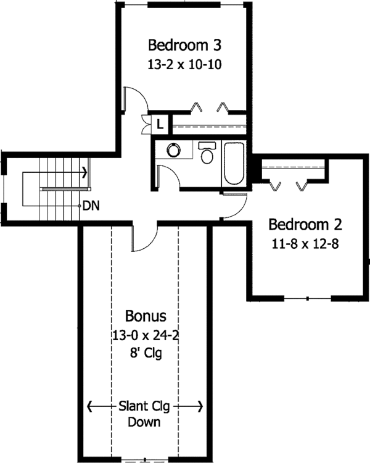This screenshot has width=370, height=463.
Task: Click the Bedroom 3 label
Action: click(x=184, y=45)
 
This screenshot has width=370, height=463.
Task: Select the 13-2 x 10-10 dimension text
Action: click(x=184, y=64)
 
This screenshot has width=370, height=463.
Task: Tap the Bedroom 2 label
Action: click(x=305, y=225)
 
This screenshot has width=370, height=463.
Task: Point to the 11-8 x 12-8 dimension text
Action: click(x=305, y=244)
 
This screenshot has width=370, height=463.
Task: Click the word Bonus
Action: click(x=146, y=316)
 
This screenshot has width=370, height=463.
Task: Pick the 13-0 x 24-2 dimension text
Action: click(x=146, y=335)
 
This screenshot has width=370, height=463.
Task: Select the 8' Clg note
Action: click(x=146, y=353)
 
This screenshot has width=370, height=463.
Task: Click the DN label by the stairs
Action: click(x=91, y=206)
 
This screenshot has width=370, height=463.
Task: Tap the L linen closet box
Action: click(x=160, y=124)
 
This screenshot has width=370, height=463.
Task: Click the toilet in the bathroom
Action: click(x=207, y=153)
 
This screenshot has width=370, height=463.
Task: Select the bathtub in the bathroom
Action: click(x=234, y=164)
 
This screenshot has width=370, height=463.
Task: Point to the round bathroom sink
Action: click(x=173, y=150)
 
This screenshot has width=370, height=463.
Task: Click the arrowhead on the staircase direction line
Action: click(x=85, y=172)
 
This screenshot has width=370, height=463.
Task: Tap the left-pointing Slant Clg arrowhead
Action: click(x=90, y=406)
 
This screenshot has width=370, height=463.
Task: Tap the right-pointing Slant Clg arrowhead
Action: click(x=200, y=406)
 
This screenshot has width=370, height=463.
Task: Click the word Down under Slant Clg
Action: click(x=144, y=422)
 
